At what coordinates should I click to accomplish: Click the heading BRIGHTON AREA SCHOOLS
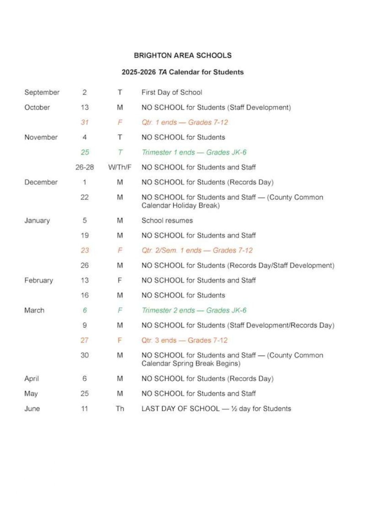coord(182,55)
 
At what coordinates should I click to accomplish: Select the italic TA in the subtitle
coord(163,72)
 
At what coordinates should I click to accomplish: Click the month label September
coord(42,92)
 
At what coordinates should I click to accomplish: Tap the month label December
coord(41,182)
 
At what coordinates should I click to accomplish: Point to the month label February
coord(38,280)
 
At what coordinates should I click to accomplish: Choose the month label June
coord(32,409)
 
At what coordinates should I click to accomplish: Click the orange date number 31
coord(85,122)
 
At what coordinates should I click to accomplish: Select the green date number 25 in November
coord(85,152)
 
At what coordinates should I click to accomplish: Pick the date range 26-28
coord(85,167)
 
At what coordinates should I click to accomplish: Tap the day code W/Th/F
coord(120,167)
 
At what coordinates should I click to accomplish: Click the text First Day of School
coord(172,92)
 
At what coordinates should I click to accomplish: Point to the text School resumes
coord(167,221)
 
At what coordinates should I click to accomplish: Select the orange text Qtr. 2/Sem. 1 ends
coord(171,251)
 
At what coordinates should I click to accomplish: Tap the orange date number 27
coord(85,340)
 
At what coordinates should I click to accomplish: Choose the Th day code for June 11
coord(120,409)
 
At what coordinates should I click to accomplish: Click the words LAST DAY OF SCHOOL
coord(180,409)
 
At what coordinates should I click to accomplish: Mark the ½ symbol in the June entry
coord(234,409)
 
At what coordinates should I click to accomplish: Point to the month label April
coord(31,379)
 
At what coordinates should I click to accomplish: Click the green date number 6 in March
coord(85,310)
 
